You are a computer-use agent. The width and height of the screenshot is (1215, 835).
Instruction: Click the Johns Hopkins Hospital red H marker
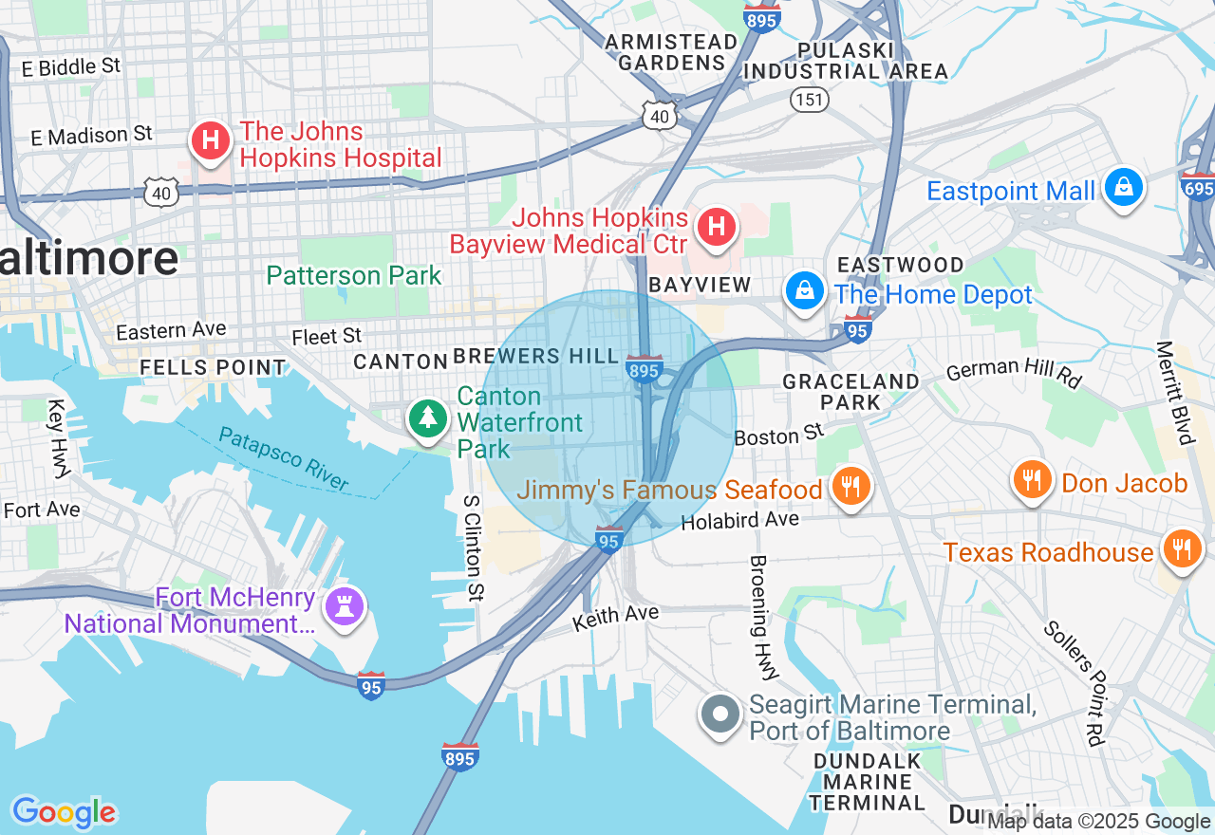click(211, 141)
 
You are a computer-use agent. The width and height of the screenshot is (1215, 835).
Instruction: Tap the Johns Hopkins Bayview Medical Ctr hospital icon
click(717, 227)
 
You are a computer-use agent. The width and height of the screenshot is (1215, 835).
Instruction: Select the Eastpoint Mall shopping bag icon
click(1123, 187)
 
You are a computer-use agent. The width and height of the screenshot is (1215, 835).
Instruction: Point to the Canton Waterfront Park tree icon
click(428, 417)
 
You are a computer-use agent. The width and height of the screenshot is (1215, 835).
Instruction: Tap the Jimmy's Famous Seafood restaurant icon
click(850, 487)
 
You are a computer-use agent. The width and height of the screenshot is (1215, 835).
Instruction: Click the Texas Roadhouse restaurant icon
click(1181, 548)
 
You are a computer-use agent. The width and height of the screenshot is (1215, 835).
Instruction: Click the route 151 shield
click(811, 99)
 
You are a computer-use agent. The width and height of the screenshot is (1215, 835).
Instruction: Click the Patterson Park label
click(354, 276)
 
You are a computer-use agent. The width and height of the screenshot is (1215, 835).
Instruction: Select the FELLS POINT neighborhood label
click(213, 366)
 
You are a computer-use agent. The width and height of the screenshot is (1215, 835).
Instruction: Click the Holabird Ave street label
click(740, 519)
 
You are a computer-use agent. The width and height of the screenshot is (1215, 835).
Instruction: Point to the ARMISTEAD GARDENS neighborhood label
click(671, 52)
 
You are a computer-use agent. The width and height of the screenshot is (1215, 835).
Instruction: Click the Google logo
click(64, 812)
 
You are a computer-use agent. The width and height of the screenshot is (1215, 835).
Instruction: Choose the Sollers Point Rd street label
click(1075, 682)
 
